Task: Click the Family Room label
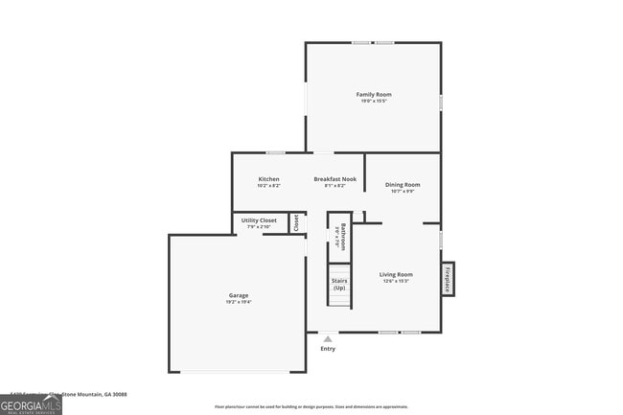374,94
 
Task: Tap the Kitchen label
269,179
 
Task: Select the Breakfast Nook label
335,179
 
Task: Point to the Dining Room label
403,184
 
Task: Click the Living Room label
397,274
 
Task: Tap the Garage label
238,295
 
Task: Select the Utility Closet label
259,220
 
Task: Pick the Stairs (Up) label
339,285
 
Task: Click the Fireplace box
448,278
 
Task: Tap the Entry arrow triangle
328,338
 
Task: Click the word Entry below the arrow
328,349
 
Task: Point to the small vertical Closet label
297,222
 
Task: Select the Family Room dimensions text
374,101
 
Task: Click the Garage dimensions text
238,302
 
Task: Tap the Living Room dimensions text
397,281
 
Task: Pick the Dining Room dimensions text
403,191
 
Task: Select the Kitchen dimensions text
269,186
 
